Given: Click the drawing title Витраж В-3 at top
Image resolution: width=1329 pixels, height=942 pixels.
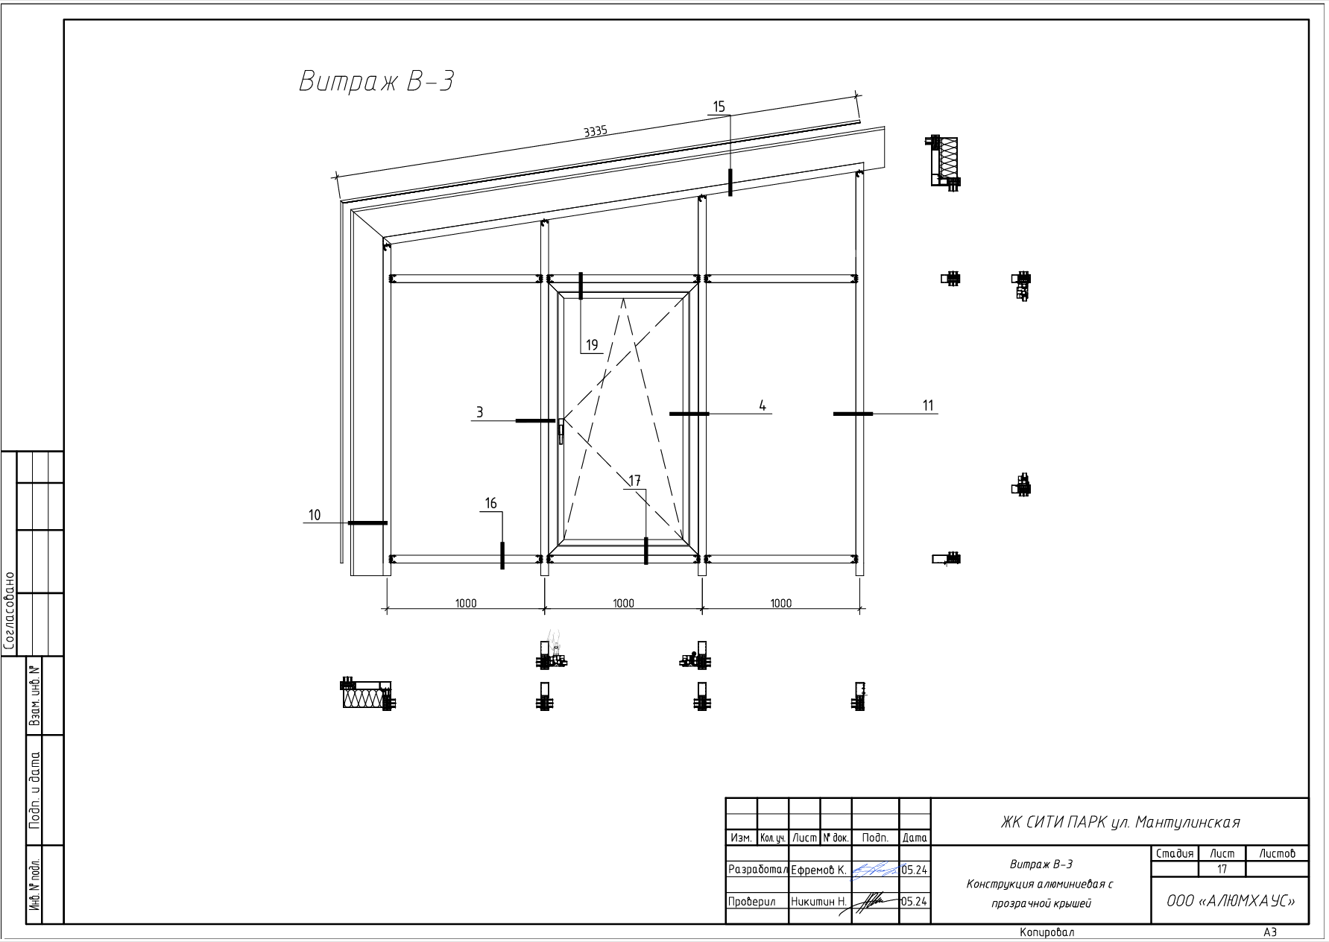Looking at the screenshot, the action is (x=376, y=80).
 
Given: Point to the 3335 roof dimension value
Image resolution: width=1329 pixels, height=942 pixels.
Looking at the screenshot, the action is (x=596, y=131).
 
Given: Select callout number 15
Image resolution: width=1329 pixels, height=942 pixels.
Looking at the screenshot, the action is (x=719, y=107).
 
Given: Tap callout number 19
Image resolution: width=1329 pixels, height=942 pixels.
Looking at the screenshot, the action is (x=592, y=345).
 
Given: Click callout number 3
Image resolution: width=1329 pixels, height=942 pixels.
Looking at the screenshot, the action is (x=480, y=412).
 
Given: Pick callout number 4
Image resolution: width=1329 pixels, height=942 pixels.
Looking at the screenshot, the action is (x=763, y=405).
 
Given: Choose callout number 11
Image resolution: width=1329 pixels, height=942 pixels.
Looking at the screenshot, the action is (x=928, y=405).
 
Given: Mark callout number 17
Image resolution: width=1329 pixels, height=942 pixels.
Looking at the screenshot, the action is (x=635, y=481).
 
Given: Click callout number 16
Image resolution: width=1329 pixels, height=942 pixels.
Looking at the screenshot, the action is (x=490, y=504).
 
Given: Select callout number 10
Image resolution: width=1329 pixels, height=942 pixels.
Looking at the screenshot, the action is (x=315, y=515).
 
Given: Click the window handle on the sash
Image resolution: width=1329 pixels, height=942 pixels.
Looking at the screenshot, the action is (x=561, y=430).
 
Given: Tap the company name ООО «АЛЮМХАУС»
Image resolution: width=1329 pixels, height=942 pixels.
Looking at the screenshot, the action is (x=1231, y=901).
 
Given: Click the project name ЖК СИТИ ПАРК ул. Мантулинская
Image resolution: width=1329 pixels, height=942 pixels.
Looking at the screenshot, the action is (x=1120, y=823).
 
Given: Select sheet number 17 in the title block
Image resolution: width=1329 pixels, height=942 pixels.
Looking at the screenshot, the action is (x=1222, y=869).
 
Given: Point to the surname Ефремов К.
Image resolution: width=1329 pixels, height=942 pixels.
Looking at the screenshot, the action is (x=818, y=870).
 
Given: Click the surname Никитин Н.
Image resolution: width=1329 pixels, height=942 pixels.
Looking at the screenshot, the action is (x=819, y=902).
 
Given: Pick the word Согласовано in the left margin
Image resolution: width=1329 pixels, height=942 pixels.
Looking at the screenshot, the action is (x=10, y=611).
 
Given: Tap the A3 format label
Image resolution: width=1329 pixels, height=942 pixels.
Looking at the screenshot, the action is (x=1270, y=932).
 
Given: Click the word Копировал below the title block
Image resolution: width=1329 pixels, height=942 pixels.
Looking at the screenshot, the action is (x=1047, y=932).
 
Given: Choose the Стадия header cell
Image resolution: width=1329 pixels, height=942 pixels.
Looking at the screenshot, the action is (x=1175, y=853).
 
